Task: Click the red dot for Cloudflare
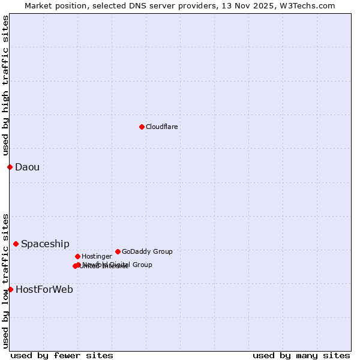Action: (142, 127)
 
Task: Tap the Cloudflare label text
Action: (162, 127)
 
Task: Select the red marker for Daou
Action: (10, 167)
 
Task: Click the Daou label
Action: (28, 167)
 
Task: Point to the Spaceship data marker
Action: (16, 244)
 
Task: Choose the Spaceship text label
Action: (45, 244)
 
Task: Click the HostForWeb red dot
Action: (10, 289)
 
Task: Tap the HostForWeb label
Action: (44, 290)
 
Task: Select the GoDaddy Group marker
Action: (118, 251)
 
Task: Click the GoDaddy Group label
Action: (147, 252)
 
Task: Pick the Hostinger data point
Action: (77, 256)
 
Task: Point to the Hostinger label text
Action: (97, 257)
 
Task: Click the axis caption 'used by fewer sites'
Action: (62, 356)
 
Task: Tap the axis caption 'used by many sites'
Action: (301, 356)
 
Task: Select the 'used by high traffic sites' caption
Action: (6, 81)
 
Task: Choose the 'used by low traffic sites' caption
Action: (6, 281)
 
